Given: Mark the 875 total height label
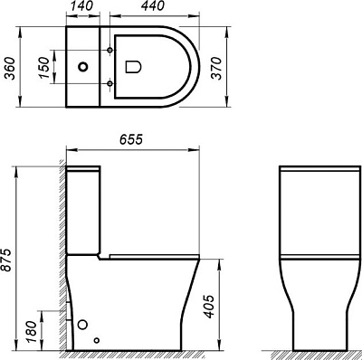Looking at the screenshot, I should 10,258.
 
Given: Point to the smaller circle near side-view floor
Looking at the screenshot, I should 97,341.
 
